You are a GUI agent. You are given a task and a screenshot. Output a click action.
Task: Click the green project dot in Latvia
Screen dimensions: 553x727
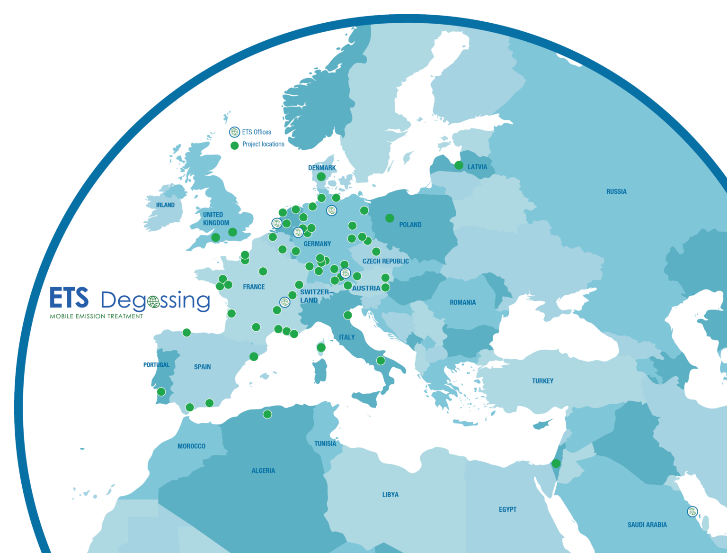[459, 165]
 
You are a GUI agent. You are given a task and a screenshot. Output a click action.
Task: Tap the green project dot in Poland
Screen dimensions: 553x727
[390, 218]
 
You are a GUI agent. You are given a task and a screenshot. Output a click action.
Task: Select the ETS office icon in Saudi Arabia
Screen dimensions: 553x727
[692, 511]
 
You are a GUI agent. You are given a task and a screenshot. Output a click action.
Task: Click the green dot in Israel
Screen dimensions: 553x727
[556, 463]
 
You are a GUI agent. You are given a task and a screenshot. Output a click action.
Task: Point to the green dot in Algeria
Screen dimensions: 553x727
[267, 414]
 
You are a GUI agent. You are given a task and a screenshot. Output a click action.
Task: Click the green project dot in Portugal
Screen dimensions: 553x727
[161, 392]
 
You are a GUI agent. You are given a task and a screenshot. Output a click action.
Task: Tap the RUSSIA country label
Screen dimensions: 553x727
[616, 191]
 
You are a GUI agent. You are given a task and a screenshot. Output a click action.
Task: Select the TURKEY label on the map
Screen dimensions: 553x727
[542, 381]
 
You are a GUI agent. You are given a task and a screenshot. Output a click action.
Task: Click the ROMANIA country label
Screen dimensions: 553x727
[462, 302]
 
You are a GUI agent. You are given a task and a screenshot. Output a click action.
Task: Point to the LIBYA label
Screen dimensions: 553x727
[390, 495]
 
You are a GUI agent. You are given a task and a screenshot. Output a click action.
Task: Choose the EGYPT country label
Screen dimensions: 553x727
[507, 509]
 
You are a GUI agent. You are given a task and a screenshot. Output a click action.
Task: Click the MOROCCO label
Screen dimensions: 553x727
[191, 446]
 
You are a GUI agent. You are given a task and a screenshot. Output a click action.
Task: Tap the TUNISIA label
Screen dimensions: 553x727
[325, 444]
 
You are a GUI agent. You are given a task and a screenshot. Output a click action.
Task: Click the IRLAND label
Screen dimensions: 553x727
[165, 205]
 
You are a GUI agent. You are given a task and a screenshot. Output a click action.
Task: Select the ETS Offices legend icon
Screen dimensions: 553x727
[234, 132]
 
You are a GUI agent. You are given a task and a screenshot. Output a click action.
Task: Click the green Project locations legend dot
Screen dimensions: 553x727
[234, 145]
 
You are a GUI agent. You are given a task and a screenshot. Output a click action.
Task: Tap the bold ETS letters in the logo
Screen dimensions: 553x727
[69, 298]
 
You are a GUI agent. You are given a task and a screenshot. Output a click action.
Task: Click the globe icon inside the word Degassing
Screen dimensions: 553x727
[153, 301]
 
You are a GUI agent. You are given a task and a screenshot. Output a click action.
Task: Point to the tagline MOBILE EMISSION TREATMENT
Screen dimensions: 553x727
[97, 316]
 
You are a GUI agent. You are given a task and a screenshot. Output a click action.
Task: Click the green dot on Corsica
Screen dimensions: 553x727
[321, 348]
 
